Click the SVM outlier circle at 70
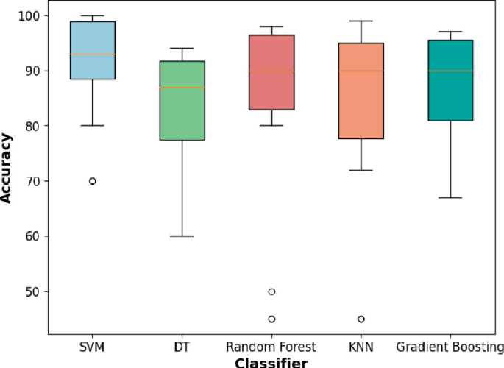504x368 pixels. (x=93, y=181)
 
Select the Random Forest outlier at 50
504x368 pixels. (x=271, y=291)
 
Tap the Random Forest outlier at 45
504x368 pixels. (x=271, y=319)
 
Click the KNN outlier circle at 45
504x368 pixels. (x=361, y=319)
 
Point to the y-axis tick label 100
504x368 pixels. (x=32, y=15)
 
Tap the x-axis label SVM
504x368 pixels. (x=93, y=347)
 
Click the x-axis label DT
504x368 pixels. (x=182, y=347)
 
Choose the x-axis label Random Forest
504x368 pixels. (x=271, y=347)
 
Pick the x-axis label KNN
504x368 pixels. (x=361, y=347)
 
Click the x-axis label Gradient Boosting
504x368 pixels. (x=450, y=347)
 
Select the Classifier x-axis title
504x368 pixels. (x=271, y=361)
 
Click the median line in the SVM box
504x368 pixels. (x=93, y=54)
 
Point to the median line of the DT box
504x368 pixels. (x=182, y=88)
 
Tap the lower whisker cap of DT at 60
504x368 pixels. (x=182, y=236)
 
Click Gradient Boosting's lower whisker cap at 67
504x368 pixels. (x=450, y=198)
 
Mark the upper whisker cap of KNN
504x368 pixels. (x=361, y=21)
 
